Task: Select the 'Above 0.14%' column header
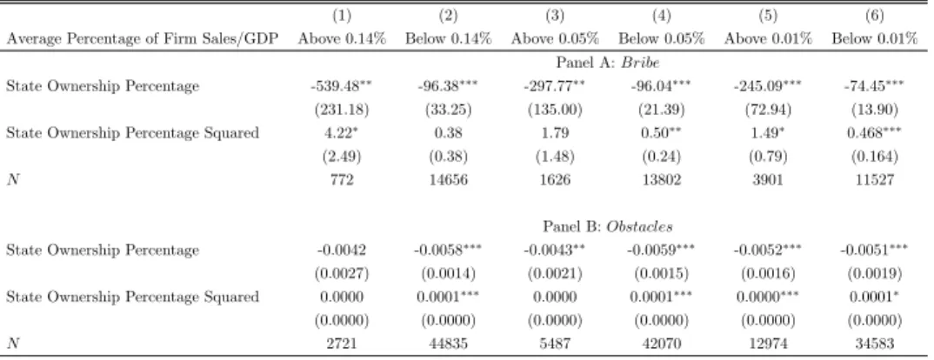pos(342,39)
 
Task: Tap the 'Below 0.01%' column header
pos(875,39)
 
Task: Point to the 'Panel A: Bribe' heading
pos(608,63)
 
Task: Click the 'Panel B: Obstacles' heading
pos(608,227)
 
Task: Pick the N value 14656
pos(448,179)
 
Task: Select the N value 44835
pos(448,343)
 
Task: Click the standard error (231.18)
pos(342,110)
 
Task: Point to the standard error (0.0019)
pos(875,274)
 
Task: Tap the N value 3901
pos(768,179)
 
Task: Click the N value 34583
pos(875,343)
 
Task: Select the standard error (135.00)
pos(555,110)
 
